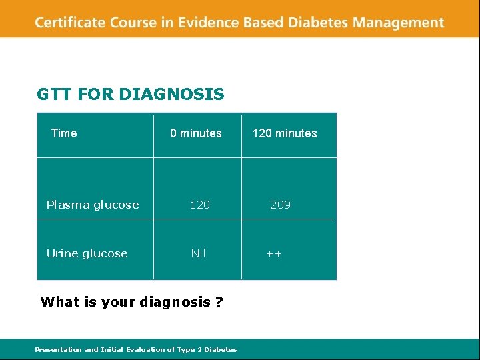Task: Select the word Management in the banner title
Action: click(398, 23)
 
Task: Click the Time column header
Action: click(64, 133)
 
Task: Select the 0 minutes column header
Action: click(196, 133)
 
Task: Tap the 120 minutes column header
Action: click(285, 133)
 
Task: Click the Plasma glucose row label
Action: click(93, 205)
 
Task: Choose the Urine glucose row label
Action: click(87, 253)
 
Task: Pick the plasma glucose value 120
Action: click(200, 205)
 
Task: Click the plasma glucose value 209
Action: click(280, 205)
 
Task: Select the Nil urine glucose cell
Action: click(198, 253)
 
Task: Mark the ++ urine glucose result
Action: click(274, 253)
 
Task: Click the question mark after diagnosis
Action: click(219, 302)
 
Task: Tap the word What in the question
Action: click(59, 302)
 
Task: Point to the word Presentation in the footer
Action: click(58, 349)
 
